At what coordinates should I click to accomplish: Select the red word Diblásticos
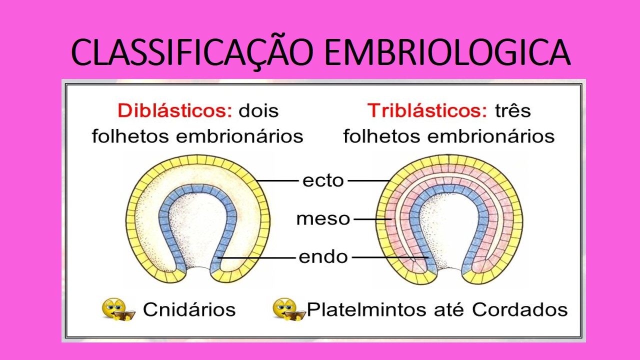coord(175,110)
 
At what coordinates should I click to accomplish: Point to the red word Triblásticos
coord(427,110)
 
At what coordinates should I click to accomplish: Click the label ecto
coord(323,180)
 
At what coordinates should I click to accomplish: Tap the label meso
coord(323,219)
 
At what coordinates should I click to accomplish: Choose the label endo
coord(323,257)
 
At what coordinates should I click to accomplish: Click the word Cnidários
coord(189,309)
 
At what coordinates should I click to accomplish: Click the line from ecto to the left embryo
coord(277,180)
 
